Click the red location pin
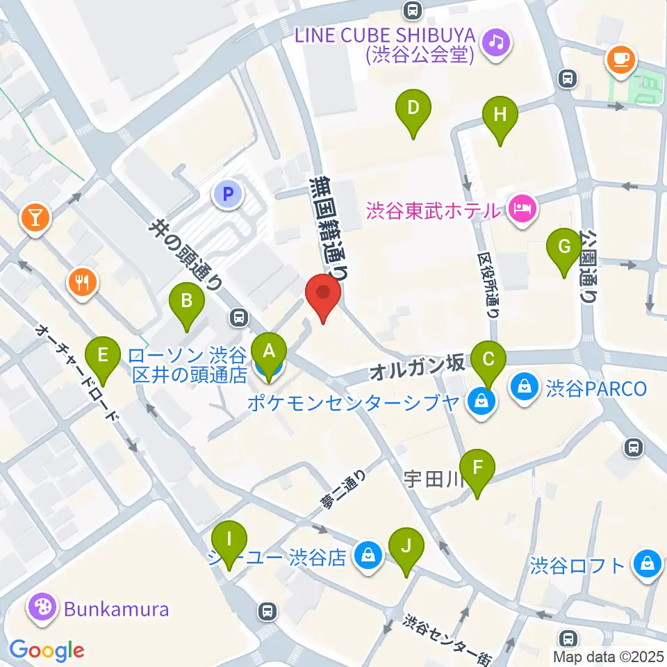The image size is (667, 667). coord(324,297)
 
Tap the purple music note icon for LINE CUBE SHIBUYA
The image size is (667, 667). coord(497,42)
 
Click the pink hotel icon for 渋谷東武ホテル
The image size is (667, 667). coord(520,208)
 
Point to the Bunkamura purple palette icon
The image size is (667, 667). coord(42,609)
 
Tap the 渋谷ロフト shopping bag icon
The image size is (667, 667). coord(647,563)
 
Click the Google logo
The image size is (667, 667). coord(47,650)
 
